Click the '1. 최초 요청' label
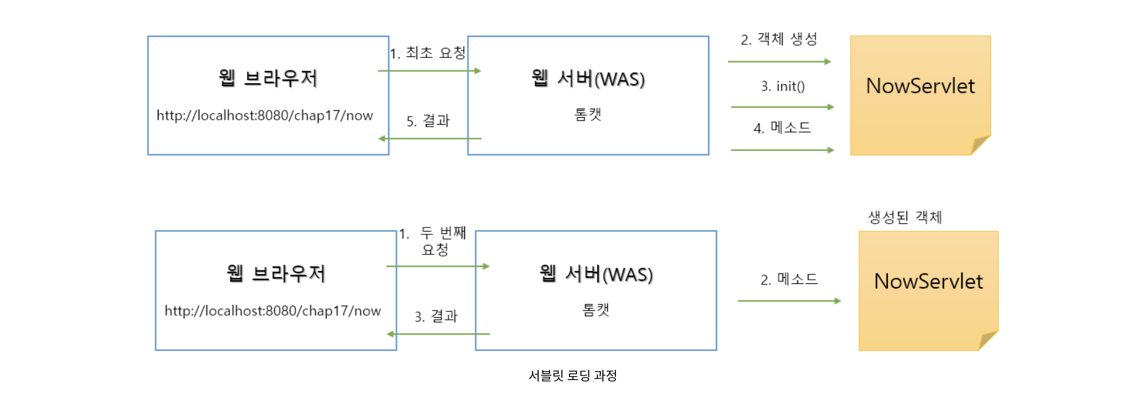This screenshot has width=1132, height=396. pos(428,53)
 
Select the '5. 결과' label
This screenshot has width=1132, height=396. pos(428,121)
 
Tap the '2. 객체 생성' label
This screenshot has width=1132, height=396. pos(779,39)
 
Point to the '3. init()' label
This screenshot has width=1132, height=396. pos(782,86)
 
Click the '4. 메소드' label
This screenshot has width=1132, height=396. pos(782,128)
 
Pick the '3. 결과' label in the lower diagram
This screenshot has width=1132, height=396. pos(436,316)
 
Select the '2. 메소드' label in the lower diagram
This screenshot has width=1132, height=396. pos(789,279)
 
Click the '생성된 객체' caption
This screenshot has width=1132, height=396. pos(905,217)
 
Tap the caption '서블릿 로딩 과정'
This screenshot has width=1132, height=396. pos(572,376)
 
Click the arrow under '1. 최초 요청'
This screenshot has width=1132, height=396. pos(429,71)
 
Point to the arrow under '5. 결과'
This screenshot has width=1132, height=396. pos(430,138)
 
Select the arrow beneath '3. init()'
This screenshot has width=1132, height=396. pos(782,107)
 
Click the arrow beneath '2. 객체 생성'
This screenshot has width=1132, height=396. pos(779,62)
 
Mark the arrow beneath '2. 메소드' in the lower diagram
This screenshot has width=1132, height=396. pos(789,301)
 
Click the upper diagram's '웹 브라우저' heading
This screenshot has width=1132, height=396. pos(268,78)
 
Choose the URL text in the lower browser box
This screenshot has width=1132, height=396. pos(273,311)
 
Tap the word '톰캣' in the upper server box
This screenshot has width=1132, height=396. pos(588,115)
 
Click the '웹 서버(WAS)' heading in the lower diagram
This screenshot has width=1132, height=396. pos(596,274)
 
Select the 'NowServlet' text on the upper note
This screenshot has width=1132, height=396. pos(920,86)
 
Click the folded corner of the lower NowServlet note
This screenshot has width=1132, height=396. pos(987,341)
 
